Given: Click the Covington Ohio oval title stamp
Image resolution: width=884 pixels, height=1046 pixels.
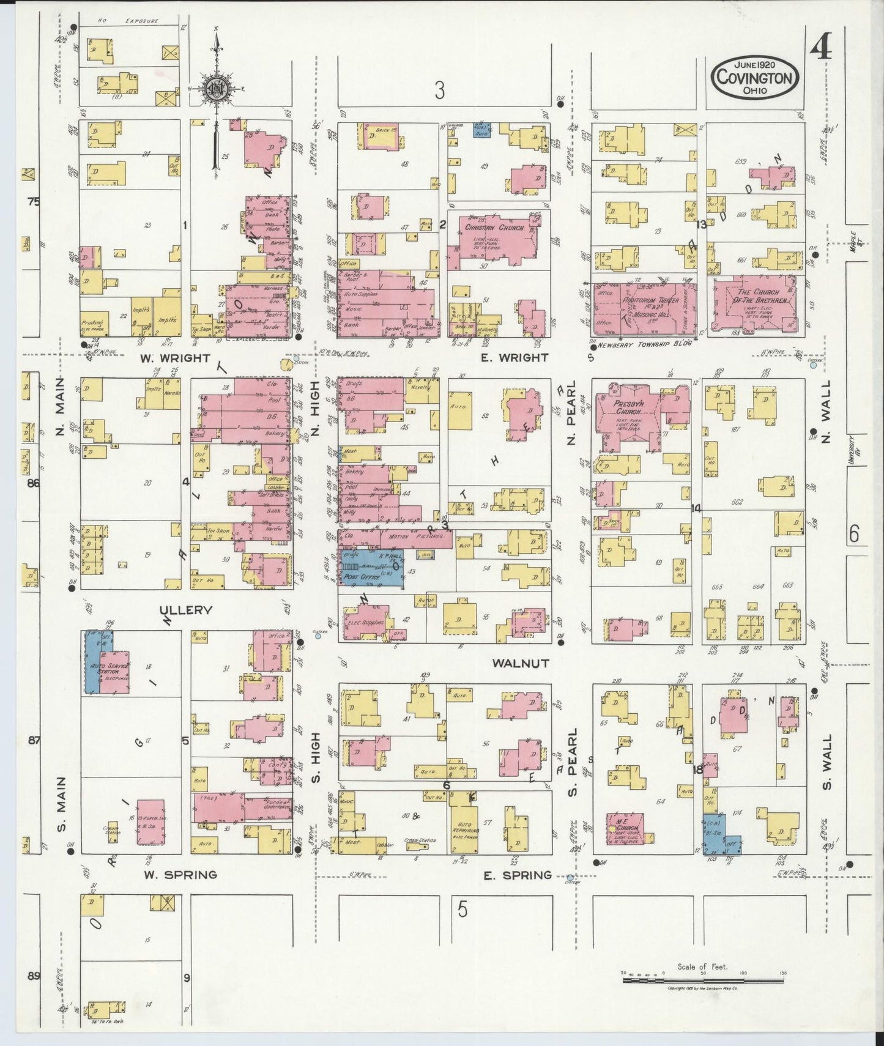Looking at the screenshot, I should click(x=755, y=78).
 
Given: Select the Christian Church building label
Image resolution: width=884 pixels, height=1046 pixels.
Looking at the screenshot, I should click(x=494, y=228).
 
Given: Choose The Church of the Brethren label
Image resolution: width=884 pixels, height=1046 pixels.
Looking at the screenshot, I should click(x=757, y=297).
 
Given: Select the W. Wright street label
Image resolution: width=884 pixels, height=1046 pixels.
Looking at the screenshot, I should click(x=176, y=358).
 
